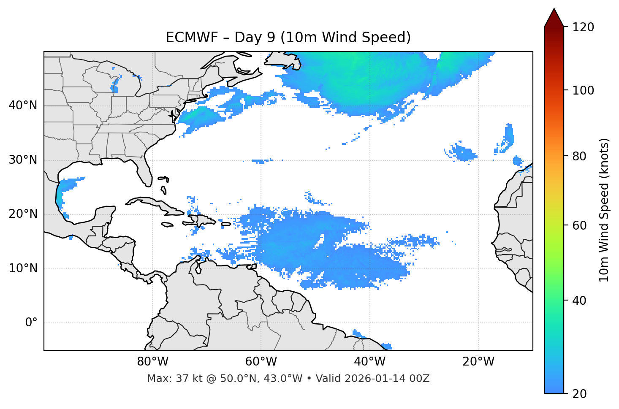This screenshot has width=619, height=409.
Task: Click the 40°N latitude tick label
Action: [23, 106]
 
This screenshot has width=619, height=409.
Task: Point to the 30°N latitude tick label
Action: [23, 160]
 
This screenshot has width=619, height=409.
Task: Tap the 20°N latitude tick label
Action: [23, 214]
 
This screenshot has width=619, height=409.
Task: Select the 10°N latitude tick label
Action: [23, 268]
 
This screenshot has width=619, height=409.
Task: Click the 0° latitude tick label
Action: [31, 323]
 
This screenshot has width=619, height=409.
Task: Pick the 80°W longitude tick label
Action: [152, 362]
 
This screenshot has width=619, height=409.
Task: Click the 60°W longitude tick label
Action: [261, 362]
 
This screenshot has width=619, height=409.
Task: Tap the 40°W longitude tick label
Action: [369, 362]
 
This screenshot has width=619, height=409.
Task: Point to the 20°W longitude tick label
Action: [478, 362]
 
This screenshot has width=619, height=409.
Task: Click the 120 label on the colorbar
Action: [583, 27]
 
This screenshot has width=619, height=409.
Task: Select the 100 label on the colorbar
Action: [583, 90]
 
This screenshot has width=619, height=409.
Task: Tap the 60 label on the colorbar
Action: [578, 225]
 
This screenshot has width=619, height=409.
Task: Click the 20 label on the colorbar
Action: [578, 394]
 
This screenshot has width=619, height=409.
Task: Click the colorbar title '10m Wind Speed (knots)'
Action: [604, 210]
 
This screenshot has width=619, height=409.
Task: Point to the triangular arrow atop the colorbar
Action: [554, 18]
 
